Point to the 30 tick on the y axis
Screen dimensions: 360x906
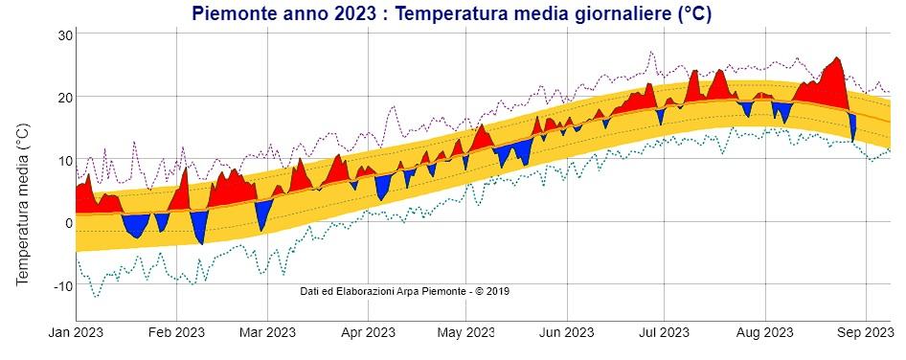[x=63, y=34]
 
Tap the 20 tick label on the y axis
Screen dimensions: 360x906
[x=63, y=98]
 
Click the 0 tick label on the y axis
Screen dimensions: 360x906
[x=67, y=223]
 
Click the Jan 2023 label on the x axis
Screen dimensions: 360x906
[x=76, y=334]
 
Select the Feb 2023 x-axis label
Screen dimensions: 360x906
[x=176, y=334]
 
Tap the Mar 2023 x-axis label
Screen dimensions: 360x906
[x=267, y=334]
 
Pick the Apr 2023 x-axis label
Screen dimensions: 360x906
[x=368, y=334]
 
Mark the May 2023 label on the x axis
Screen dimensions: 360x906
[x=464, y=334]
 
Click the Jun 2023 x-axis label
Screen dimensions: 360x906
[x=565, y=334]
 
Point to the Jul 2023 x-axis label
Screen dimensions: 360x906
[x=663, y=334]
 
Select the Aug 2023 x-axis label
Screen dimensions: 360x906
[x=763, y=334]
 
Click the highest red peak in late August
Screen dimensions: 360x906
[x=837, y=59]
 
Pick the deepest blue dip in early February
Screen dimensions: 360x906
[x=200, y=242]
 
